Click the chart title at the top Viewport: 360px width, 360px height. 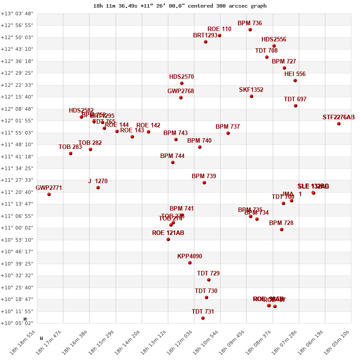(x=180, y=6)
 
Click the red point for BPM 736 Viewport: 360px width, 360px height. (x=250, y=30)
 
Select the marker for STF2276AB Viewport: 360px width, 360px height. (x=339, y=124)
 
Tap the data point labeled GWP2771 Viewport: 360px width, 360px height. (x=49, y=194)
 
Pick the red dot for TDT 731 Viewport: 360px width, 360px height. (x=203, y=318)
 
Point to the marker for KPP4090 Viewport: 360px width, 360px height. (x=190, y=263)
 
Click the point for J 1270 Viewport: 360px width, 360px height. (x=98, y=188)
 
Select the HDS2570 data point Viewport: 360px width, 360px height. (x=182, y=83)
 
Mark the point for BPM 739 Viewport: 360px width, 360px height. (x=204, y=183)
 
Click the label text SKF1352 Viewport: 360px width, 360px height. (x=251, y=90)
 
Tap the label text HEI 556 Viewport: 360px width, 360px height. (x=295, y=74)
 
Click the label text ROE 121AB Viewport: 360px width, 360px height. (x=168, y=233)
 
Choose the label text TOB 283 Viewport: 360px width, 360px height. (x=70, y=147)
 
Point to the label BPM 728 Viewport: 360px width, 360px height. (x=281, y=223)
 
